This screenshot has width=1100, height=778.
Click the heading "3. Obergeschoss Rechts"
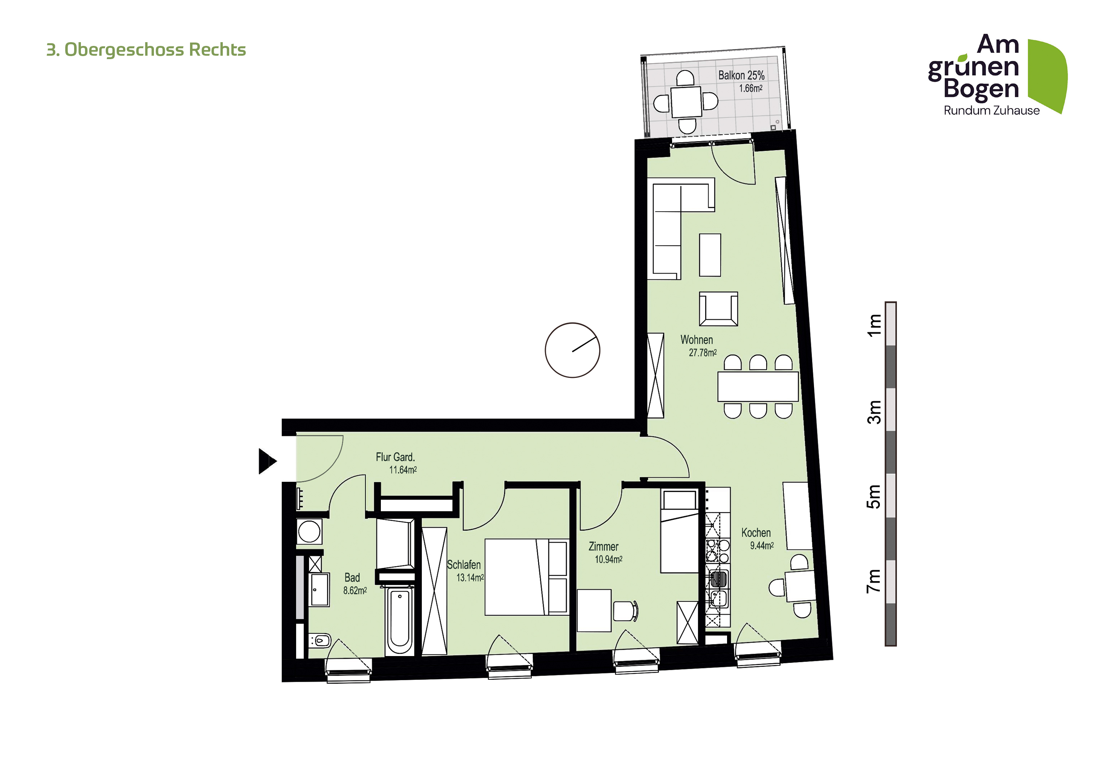[x=146, y=50]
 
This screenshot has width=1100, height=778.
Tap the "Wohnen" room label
[x=697, y=340]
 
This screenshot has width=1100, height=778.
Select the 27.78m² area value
[x=703, y=353]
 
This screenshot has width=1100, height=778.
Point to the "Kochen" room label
[x=756, y=533]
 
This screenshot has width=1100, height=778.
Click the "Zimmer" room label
[x=603, y=547]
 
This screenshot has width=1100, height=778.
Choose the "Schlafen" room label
[x=464, y=565]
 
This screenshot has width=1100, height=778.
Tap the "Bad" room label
[x=352, y=578]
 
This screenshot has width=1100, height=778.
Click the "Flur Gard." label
[x=395, y=457]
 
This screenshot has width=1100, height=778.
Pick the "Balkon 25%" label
[x=741, y=75]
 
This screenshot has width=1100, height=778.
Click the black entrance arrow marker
[x=267, y=461]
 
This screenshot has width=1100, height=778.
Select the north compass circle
[x=572, y=350]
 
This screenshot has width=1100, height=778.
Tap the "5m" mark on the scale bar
[x=874, y=497]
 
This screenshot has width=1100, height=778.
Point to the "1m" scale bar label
[x=874, y=325]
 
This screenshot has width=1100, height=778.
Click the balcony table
[x=686, y=102]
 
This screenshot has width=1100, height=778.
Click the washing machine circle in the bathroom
[x=309, y=531]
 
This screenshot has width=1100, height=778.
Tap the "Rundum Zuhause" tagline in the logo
[x=991, y=111]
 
